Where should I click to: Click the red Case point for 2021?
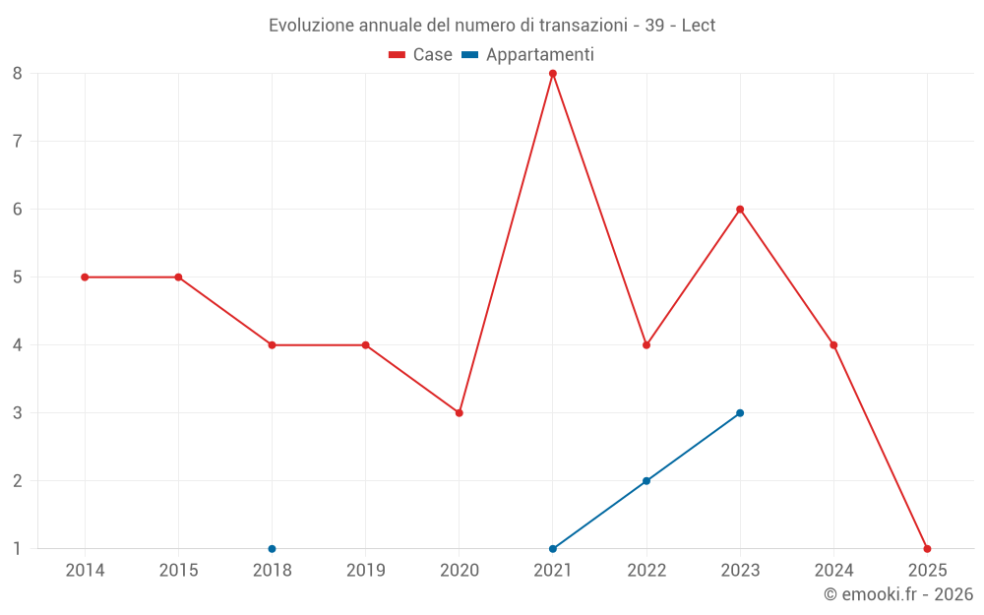click(553, 73)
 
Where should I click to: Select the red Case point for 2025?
click(927, 549)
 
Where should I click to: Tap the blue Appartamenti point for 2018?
click(272, 549)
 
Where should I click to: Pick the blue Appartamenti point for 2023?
click(740, 413)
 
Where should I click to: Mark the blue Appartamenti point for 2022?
click(646, 481)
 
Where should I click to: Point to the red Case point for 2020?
click(460, 413)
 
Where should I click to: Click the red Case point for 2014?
click(85, 277)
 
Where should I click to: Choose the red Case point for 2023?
click(740, 210)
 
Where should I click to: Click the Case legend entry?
click(421, 55)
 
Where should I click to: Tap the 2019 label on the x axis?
click(366, 571)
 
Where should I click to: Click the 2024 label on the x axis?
click(833, 571)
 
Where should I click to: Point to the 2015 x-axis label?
click(178, 571)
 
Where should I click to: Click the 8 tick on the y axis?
click(18, 73)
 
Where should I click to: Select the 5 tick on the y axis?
click(18, 277)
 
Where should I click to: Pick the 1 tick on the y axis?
click(18, 549)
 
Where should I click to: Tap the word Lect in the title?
click(698, 25)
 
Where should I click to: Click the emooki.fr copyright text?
click(898, 594)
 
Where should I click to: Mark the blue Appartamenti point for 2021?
click(553, 549)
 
